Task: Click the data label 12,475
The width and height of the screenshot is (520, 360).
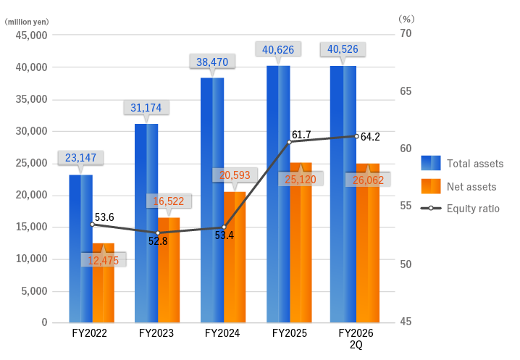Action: [103, 260]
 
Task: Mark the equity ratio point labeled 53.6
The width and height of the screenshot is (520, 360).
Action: [92, 225]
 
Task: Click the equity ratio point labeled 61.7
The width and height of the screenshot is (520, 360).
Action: [290, 142]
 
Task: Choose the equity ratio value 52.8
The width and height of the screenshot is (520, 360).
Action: [158, 241]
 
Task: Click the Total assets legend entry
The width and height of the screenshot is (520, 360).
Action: [474, 163]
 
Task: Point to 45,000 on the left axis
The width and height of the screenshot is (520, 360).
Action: [30, 35]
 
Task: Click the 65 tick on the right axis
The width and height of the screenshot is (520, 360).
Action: [405, 91]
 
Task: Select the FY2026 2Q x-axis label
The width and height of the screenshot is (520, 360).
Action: [356, 339]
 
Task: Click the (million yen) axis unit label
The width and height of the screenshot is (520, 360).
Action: [26, 22]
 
